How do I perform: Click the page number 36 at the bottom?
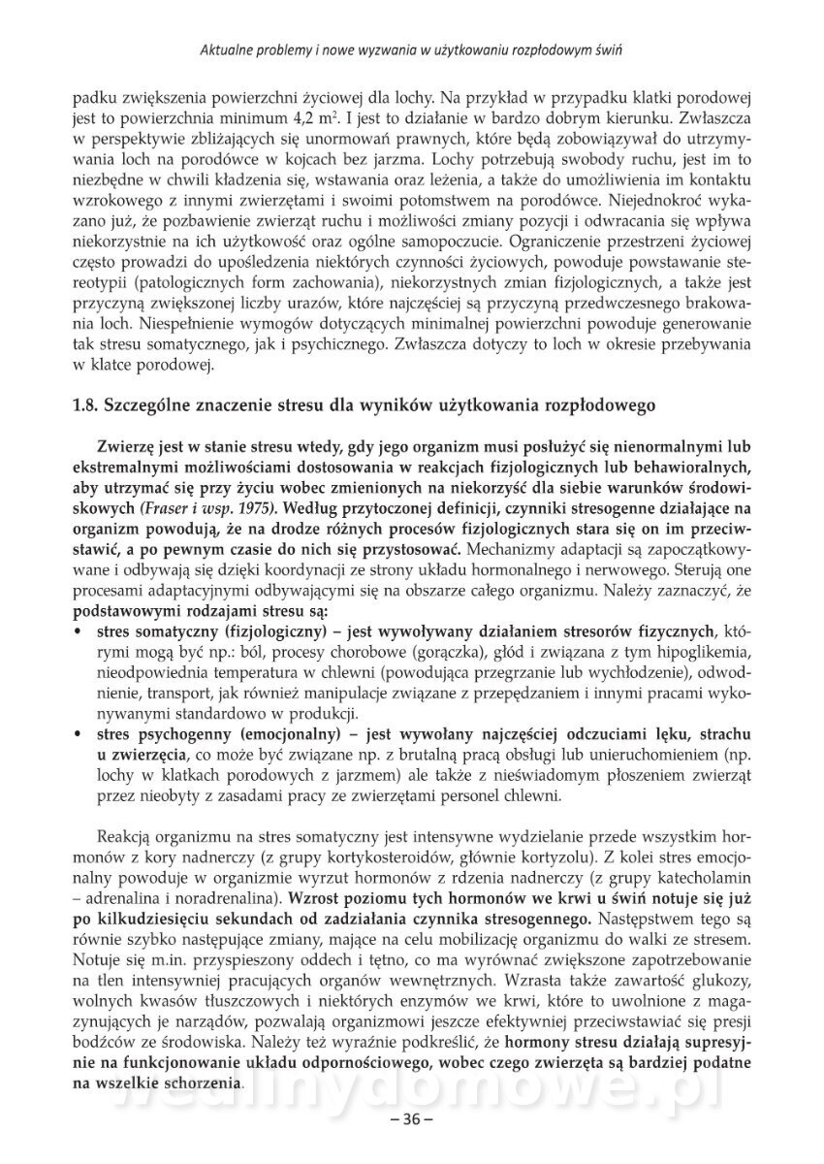[410, 1119]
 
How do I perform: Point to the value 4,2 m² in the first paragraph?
[303, 118]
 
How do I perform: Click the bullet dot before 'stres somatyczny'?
[78, 630]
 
